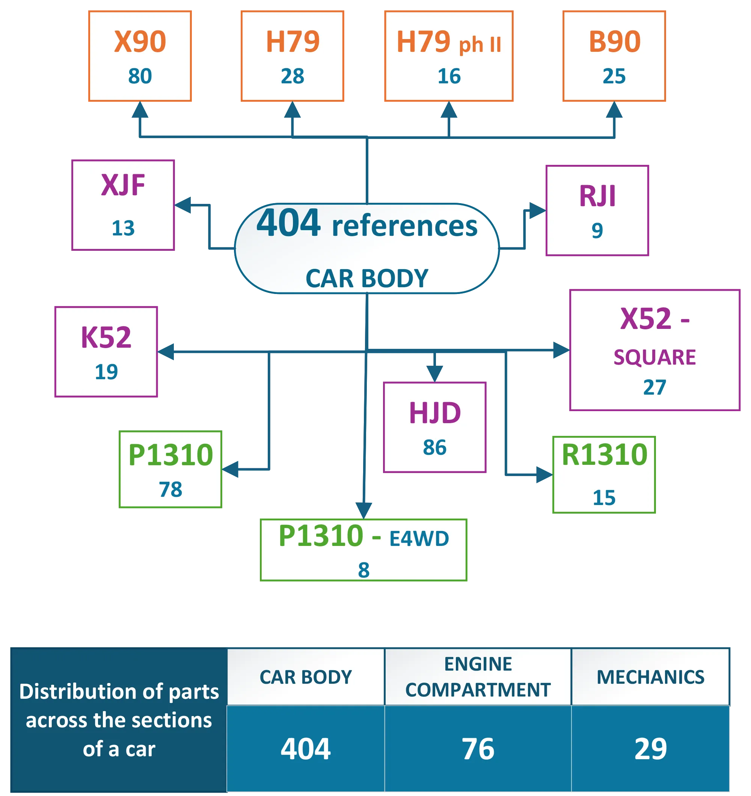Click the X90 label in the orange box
pos(140,41)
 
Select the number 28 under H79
pos(293,76)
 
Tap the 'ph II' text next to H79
pos(480,44)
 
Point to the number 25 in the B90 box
pos(614,76)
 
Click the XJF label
pos(122,185)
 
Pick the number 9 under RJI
pos(597,230)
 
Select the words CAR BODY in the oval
pos(367,278)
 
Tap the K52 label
pos(106,337)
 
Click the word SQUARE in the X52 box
pos(654,357)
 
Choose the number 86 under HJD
pos(434,447)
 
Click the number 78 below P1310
pos(170,489)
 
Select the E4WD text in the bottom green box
pos(419,538)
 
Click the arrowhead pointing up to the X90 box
pos(139,110)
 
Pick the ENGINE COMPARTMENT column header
pos(478,677)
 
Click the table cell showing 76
pos(478,748)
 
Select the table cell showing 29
pos(650,748)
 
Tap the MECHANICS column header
pos(650,677)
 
